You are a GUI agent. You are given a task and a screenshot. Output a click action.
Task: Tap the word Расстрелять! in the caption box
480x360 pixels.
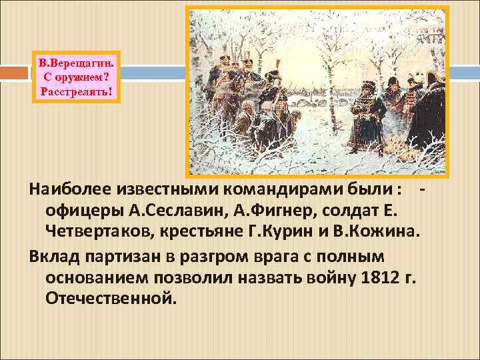pyautogui.click(x=77, y=90)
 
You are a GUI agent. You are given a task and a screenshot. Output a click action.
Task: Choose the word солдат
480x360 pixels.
pyautogui.click(x=353, y=211)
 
